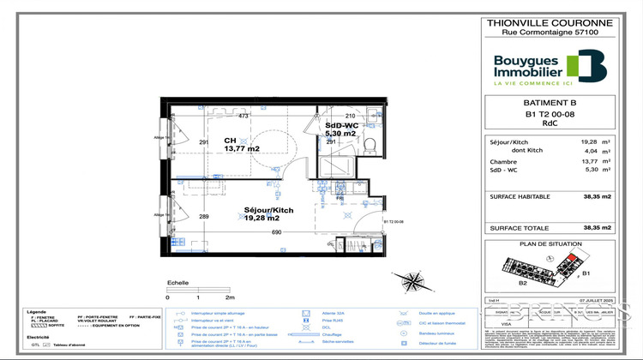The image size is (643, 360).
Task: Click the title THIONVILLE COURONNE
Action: click(x=550, y=25)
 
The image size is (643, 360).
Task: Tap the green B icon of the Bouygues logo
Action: click(x=591, y=64)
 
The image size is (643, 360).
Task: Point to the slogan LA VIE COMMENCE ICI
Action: click(x=532, y=83)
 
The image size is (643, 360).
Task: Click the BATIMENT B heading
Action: click(x=550, y=100)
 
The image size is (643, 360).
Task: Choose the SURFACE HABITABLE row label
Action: click(x=521, y=196)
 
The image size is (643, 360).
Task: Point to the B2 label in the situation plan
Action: click(x=521, y=281)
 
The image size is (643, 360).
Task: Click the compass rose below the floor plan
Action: click(x=413, y=280)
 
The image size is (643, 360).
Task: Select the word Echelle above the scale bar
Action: click(x=177, y=282)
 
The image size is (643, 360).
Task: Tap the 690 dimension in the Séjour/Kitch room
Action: click(x=277, y=232)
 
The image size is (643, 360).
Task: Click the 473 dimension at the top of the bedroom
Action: click(x=243, y=116)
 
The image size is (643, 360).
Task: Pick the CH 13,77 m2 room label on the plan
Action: click(x=241, y=145)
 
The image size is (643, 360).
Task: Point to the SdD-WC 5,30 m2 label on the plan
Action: click(x=341, y=130)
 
